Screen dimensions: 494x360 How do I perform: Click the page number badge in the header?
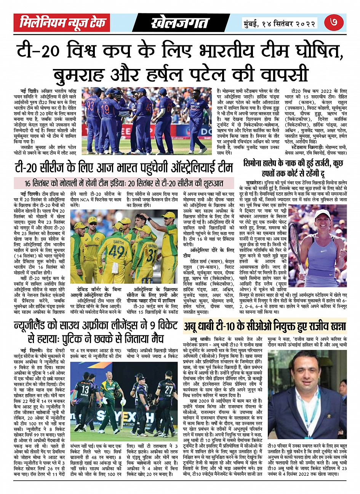click(336, 23)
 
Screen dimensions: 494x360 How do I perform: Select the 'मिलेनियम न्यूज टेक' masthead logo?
click(62, 23)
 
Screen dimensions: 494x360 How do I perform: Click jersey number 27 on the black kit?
click(169, 390)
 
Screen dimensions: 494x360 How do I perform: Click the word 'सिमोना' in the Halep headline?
click(256, 163)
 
